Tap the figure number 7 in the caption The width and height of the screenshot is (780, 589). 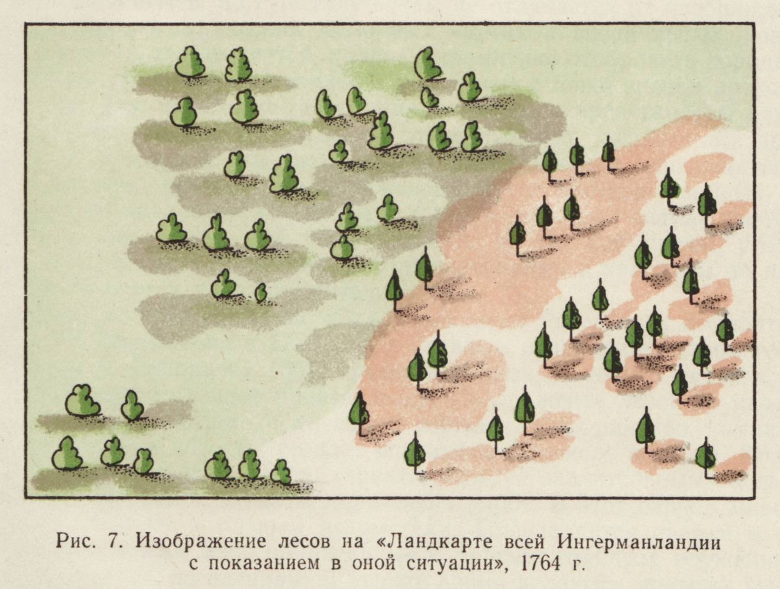coord(113,541)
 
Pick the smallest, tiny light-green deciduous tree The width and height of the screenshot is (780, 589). coord(260,292)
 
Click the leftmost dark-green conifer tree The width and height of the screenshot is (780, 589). coord(358,411)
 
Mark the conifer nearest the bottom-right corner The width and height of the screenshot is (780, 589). coord(705,457)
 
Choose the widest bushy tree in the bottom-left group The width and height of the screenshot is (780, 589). coord(82,400)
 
